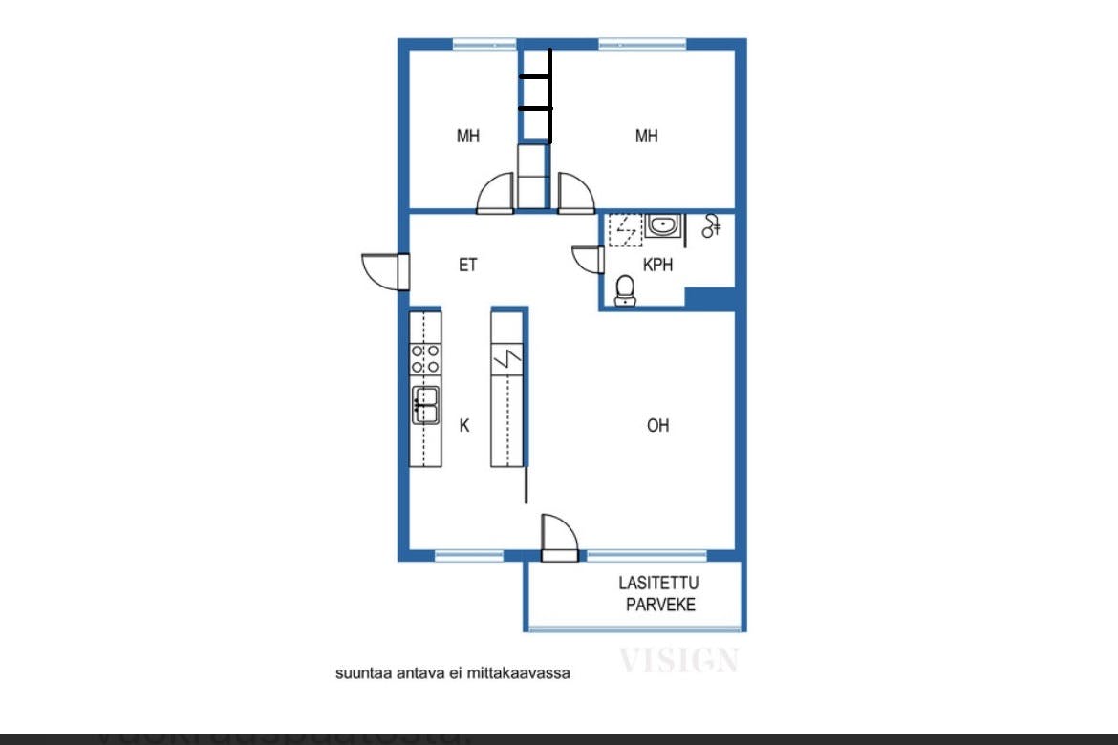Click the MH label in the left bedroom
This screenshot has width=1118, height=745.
467,137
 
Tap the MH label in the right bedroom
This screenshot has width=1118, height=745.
647,137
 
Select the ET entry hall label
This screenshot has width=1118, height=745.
467,266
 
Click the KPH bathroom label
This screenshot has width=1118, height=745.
657,266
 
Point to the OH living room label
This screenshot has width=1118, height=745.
657,426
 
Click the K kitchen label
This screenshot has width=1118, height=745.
464,426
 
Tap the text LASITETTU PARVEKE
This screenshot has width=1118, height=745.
659,593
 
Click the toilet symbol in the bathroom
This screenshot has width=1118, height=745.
625,288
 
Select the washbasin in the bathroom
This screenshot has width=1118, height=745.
662,226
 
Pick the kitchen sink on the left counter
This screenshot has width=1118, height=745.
425,405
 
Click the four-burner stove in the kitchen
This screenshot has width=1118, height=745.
425,359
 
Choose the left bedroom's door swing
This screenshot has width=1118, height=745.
497,192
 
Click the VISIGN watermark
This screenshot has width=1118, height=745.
678,660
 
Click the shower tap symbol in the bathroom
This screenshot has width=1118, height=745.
712,226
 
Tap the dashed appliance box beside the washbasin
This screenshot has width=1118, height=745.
625,229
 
